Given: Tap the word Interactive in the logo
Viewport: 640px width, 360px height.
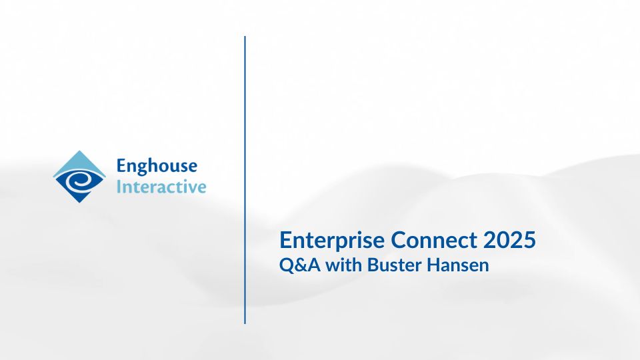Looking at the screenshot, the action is point(161,187).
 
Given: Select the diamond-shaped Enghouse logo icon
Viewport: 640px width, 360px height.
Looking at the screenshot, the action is point(79,177).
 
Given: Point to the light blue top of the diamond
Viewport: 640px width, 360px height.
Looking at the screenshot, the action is point(79,161).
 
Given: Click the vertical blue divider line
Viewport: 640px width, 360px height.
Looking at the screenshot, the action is point(245,179).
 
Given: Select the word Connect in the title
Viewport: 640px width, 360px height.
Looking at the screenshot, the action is point(434,240).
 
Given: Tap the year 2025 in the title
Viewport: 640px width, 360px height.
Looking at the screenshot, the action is point(509,240).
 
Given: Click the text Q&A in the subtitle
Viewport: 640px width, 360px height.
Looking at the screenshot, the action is point(299,265).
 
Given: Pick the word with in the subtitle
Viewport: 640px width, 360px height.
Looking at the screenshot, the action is point(344,265).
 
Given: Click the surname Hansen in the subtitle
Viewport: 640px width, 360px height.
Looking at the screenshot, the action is point(457,265).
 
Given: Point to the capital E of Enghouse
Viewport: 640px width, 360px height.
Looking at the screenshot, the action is point(121,167).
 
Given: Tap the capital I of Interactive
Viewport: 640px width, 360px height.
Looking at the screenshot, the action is point(119,187).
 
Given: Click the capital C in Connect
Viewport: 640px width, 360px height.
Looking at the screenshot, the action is point(399,241).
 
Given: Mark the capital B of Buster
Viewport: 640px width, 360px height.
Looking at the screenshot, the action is point(373,265).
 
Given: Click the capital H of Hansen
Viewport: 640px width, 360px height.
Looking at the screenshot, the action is point(433,265).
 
